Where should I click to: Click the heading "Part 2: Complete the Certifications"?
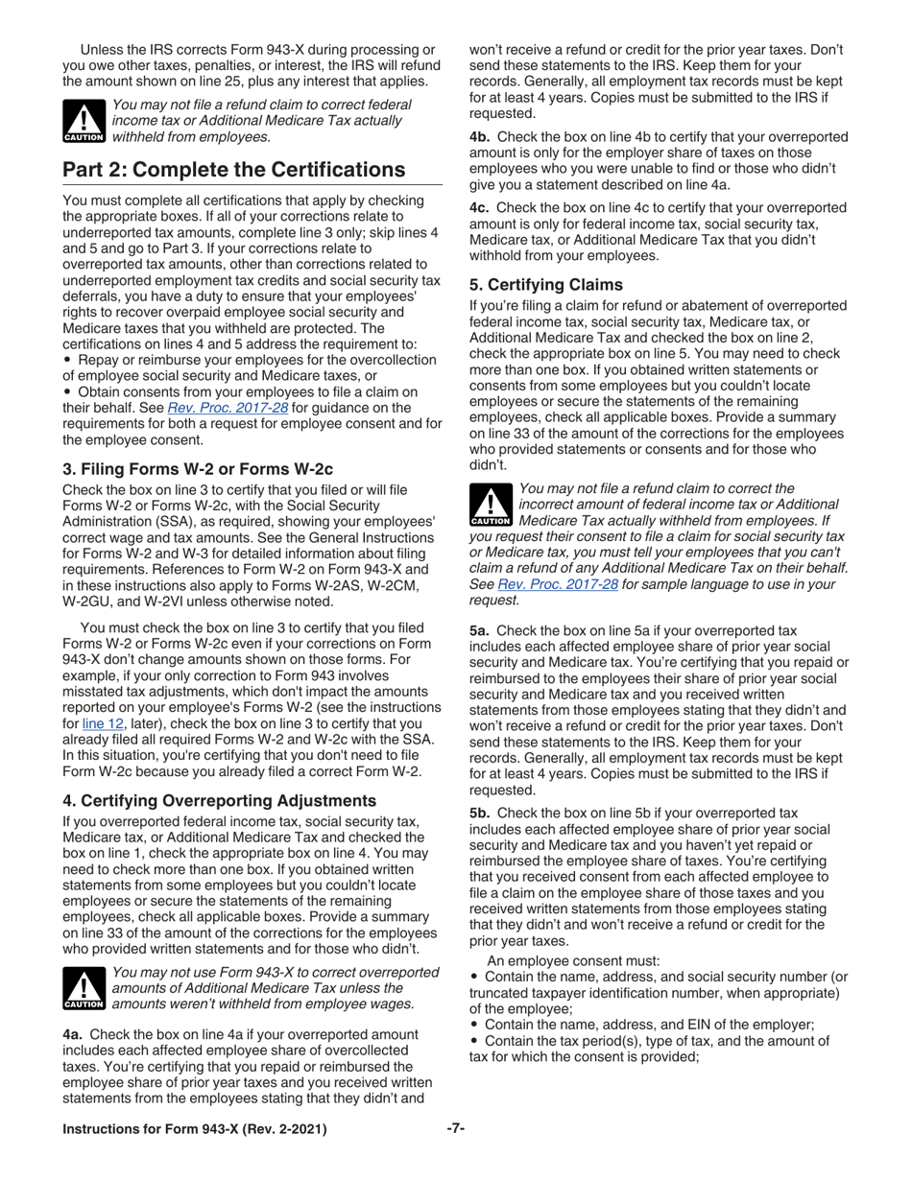click(233, 170)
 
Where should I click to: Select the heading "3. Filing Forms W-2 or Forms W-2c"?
click(198, 469)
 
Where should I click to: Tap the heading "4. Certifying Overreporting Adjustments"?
click(220, 800)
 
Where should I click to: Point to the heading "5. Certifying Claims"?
click(545, 285)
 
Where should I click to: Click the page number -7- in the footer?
click(456, 1128)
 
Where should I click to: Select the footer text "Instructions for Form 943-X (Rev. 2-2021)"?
click(194, 1129)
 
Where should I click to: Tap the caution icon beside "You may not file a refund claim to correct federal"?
click(84, 121)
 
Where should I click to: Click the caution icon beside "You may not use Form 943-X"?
click(84, 988)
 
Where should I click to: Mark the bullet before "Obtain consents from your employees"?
click(67, 392)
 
